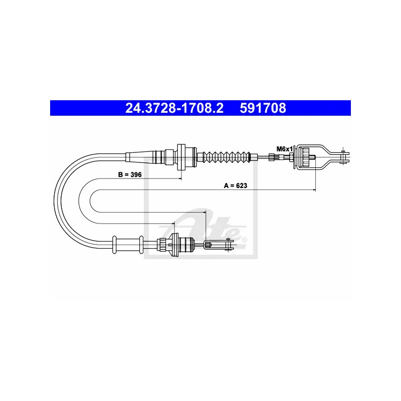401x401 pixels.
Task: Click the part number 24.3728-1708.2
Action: (174, 108)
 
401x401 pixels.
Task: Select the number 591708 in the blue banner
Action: (263, 108)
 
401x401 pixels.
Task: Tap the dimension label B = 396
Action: (130, 174)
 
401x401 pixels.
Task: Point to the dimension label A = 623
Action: (236, 185)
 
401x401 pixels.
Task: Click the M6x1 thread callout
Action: (285, 149)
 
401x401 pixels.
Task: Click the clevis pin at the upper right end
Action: (343, 156)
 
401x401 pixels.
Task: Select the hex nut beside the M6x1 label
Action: (291, 157)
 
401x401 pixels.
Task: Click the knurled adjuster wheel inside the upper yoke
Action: (306, 157)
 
